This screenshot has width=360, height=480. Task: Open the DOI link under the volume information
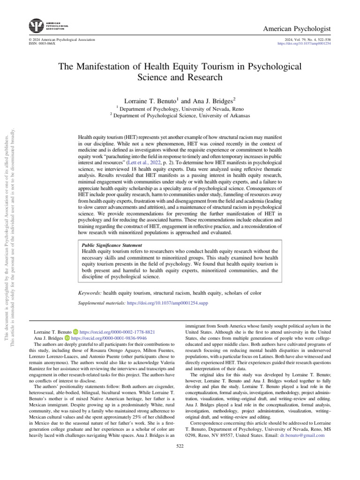coord(304,43)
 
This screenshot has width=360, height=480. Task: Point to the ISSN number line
coord(42,43)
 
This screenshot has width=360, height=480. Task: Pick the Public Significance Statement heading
coord(112,245)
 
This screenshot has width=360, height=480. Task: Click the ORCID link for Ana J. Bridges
coord(109,337)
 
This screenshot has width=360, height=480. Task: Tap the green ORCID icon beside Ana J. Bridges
coord(67,337)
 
